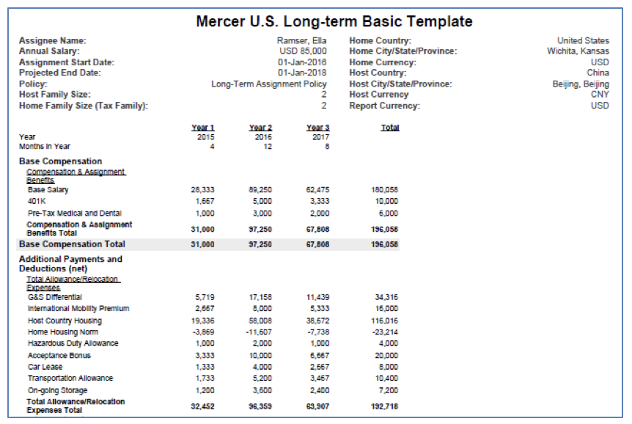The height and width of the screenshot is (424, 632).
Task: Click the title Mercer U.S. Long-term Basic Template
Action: pyautogui.click(x=334, y=21)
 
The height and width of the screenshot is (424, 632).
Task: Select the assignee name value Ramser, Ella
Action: pyautogui.click(x=301, y=41)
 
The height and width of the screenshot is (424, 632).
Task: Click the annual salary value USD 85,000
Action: pyautogui.click(x=303, y=51)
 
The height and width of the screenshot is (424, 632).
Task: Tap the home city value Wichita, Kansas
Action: pyautogui.click(x=578, y=51)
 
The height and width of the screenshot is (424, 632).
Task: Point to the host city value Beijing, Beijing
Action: pyautogui.click(x=581, y=84)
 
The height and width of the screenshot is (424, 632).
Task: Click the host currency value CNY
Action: pyautogui.click(x=600, y=95)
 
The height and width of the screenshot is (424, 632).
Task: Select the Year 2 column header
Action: pyautogui.click(x=260, y=128)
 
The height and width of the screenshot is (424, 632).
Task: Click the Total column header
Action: pyautogui.click(x=390, y=128)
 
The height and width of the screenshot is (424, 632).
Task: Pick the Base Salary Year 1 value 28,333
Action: pyautogui.click(x=203, y=189)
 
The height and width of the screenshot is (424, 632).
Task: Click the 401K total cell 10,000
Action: pyautogui.click(x=386, y=201)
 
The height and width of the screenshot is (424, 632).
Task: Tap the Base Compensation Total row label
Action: pyautogui.click(x=72, y=244)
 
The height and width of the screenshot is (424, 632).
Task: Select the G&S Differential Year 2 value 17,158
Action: pyautogui.click(x=260, y=297)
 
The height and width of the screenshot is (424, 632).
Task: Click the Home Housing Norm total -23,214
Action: pyautogui.click(x=386, y=332)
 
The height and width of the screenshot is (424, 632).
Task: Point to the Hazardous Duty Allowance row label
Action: pyautogui.click(x=73, y=343)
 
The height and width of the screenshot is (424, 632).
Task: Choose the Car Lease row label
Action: pyautogui.click(x=45, y=367)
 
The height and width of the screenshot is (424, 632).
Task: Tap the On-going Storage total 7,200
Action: pyautogui.click(x=388, y=390)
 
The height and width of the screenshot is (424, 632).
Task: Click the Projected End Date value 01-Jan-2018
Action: pyautogui.click(x=302, y=73)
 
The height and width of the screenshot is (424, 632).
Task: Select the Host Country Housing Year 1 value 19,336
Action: pyautogui.click(x=203, y=321)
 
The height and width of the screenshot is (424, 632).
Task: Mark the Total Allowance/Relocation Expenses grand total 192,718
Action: pyautogui.click(x=384, y=406)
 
